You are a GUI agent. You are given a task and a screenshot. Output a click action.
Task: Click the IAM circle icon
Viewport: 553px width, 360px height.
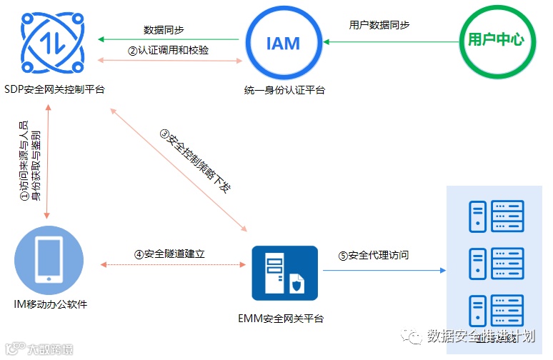(x=283, y=43)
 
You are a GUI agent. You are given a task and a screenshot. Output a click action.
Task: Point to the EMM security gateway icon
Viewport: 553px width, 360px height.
(x=284, y=274)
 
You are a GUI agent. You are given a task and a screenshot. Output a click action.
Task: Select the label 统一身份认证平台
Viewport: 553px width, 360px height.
(x=284, y=89)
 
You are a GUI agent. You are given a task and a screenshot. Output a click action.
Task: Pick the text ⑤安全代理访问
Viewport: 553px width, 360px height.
(x=374, y=256)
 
